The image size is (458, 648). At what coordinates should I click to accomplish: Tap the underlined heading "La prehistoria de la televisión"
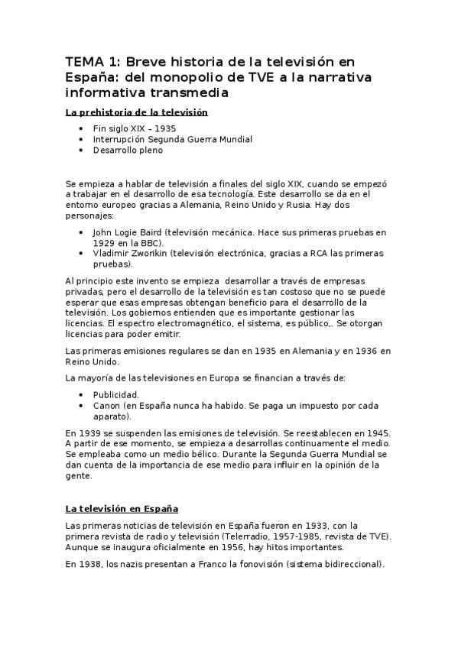coord(137,112)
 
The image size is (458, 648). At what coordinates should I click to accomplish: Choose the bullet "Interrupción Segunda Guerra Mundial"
coord(172,140)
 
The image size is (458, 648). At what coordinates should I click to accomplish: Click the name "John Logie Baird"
coord(126,232)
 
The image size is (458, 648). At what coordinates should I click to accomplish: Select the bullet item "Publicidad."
coord(115,395)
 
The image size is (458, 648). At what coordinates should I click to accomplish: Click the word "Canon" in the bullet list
coord(106,406)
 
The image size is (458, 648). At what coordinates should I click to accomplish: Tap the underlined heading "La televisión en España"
coord(122,508)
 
